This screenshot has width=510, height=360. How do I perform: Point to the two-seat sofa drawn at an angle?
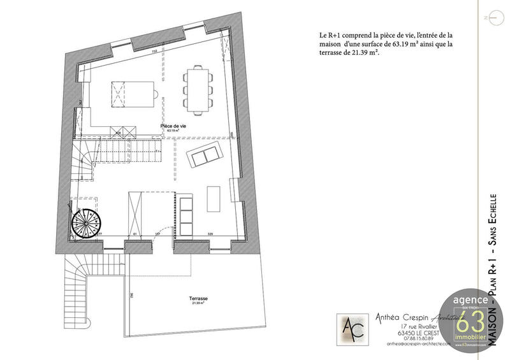click(204, 155)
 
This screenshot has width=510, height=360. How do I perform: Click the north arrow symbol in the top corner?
click(486, 17)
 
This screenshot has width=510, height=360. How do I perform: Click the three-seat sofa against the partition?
click(187, 215)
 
